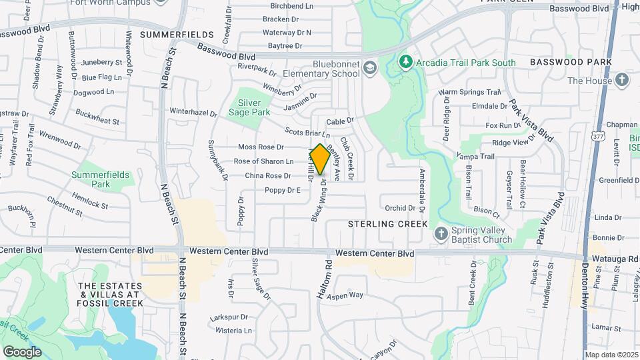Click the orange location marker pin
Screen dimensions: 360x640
(x=319, y=159)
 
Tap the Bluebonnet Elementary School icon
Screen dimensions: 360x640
(x=369, y=69)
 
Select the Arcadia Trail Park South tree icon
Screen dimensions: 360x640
(x=405, y=62)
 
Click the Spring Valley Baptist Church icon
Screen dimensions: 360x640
(x=440, y=234)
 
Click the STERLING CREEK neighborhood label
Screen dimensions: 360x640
(x=388, y=225)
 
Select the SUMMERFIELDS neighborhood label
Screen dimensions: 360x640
(x=177, y=34)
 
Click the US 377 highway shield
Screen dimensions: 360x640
(x=596, y=136)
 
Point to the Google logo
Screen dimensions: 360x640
(x=22, y=351)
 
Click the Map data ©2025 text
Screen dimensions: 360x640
(x=611, y=355)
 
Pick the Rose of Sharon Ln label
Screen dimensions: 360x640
(x=263, y=161)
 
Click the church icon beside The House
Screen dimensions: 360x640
(x=621, y=81)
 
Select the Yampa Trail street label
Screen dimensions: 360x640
(x=475, y=157)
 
